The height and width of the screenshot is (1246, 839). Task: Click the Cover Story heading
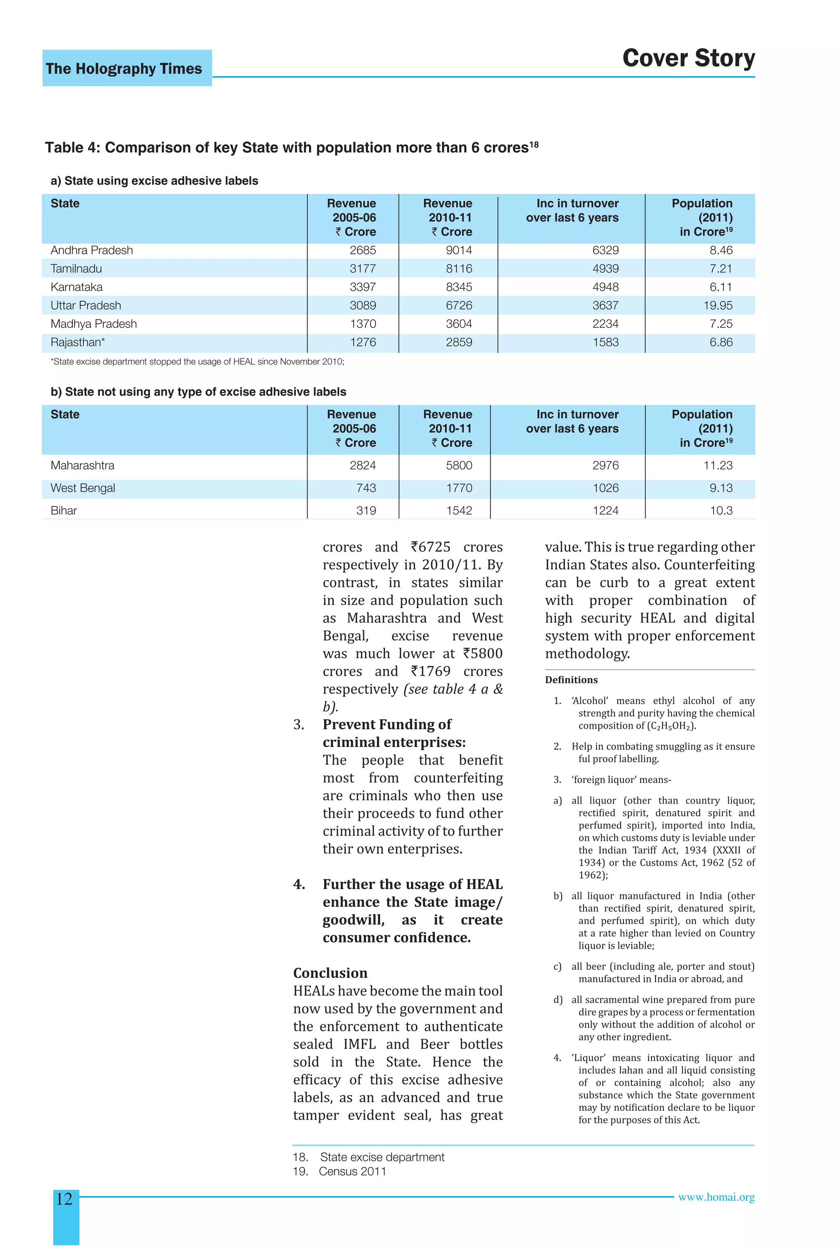click(688, 58)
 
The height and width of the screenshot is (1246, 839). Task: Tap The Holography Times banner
click(124, 68)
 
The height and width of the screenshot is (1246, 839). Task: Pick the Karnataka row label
click(77, 287)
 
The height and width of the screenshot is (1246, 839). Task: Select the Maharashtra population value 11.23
click(718, 465)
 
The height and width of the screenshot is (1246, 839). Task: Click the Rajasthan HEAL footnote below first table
click(197, 362)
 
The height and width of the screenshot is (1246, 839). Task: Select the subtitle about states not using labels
click(199, 392)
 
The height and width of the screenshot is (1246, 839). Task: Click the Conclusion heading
click(330, 973)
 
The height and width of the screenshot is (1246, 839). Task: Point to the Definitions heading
click(571, 680)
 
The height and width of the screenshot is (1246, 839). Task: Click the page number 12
click(64, 1199)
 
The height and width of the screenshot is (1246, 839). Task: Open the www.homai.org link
click(716, 1197)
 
